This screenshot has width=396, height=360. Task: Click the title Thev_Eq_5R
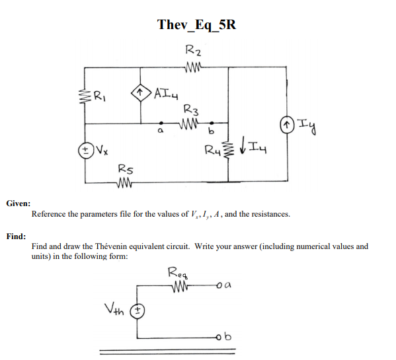pos(197,25)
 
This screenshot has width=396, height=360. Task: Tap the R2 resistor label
pos(194,49)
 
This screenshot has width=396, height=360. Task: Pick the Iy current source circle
pos(288,123)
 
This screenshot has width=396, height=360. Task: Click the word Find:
pos(17,236)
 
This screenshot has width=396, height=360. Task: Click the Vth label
pos(114,308)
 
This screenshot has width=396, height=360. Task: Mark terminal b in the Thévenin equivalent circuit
pos(230,338)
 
